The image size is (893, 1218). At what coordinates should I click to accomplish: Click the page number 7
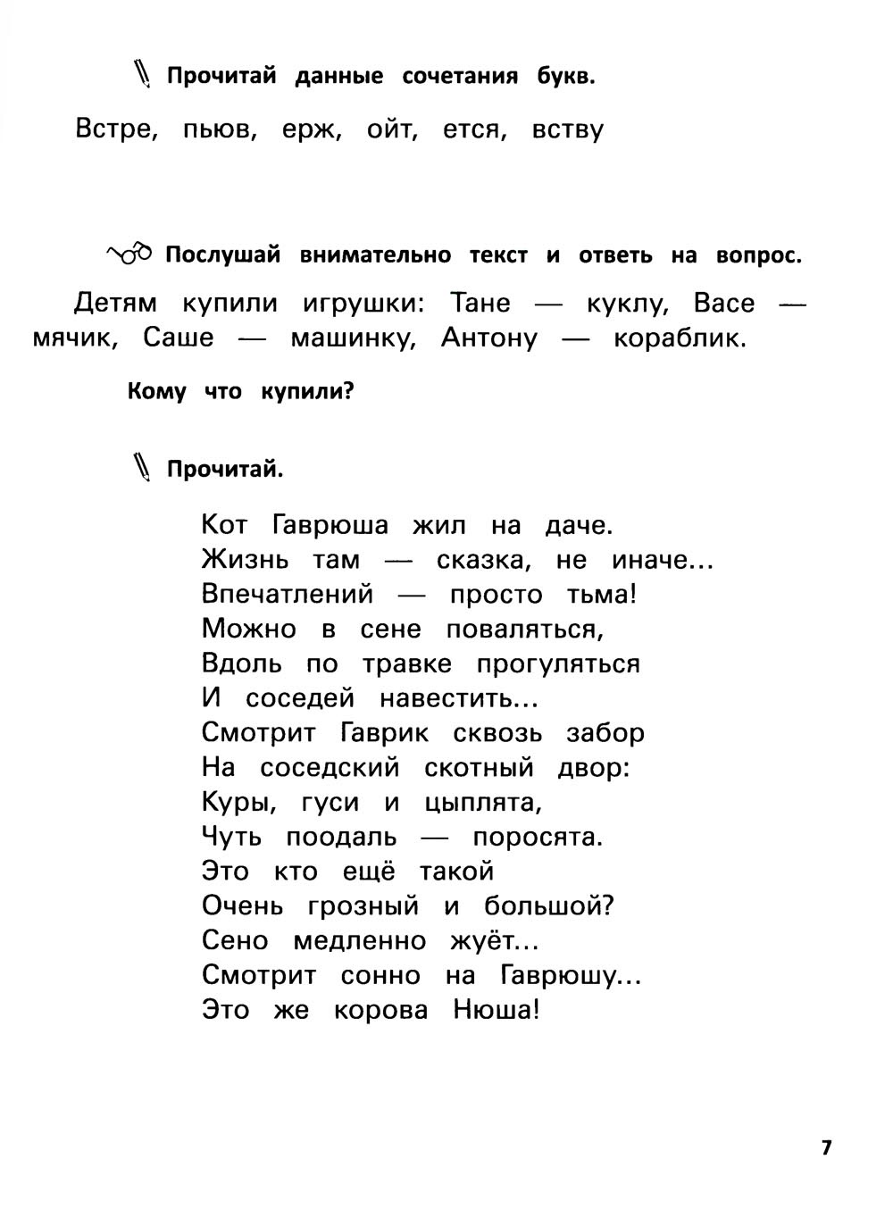[826, 1147]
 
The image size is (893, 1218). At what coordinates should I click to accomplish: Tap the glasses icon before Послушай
[130, 254]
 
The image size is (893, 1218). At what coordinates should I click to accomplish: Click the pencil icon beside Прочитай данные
[143, 74]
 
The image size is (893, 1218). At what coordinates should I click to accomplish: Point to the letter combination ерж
[313, 130]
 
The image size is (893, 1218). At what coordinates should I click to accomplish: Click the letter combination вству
[568, 130]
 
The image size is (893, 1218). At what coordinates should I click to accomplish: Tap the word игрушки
[361, 304]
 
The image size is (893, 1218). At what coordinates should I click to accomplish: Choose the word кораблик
[680, 339]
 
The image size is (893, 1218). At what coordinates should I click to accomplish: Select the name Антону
[489, 339]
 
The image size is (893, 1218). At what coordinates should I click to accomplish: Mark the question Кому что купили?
[241, 391]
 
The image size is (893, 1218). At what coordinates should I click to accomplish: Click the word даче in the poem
[579, 525]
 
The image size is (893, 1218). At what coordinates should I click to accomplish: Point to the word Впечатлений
[287, 595]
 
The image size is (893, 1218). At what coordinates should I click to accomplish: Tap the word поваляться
[525, 630]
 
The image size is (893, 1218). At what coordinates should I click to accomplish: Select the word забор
[605, 733]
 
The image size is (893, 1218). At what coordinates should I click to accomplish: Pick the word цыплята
[483, 804]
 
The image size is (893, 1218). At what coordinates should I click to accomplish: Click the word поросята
[538, 838]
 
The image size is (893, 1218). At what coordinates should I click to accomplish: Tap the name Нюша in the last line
[497, 1011]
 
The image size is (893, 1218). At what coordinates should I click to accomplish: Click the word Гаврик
[385, 733]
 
